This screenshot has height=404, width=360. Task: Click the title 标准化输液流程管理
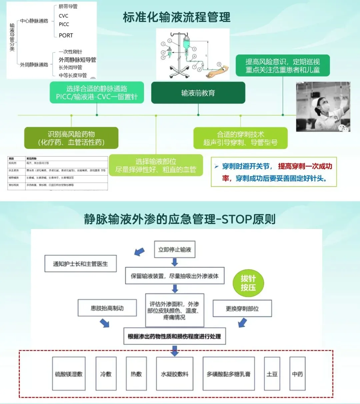[x=177, y=17]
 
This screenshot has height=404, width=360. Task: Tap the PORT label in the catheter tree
[x=66, y=35]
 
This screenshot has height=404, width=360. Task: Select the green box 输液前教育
[x=198, y=93]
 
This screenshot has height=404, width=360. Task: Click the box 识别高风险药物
[x=71, y=138]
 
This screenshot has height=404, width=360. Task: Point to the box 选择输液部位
[x=156, y=165]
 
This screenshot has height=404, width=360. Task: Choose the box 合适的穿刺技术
[x=240, y=138]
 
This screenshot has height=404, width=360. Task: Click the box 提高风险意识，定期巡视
[x=283, y=66]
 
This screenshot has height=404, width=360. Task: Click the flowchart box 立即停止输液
[x=174, y=249]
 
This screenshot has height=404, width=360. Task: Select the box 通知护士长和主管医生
[x=80, y=264]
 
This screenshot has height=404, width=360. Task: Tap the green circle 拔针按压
[x=248, y=283]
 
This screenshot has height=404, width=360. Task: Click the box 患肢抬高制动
[x=107, y=308]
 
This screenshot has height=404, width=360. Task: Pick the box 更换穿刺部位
[x=242, y=308]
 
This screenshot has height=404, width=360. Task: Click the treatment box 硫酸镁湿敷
[x=69, y=374]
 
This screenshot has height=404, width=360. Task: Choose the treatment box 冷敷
[x=106, y=374]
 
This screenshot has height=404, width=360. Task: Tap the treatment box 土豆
[x=272, y=374]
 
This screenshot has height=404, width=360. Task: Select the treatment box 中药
[x=297, y=374]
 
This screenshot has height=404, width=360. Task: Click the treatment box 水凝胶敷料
[x=175, y=374]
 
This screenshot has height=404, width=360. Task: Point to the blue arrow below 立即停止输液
[x=175, y=263]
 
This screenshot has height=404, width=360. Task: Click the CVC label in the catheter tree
[x=63, y=16]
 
